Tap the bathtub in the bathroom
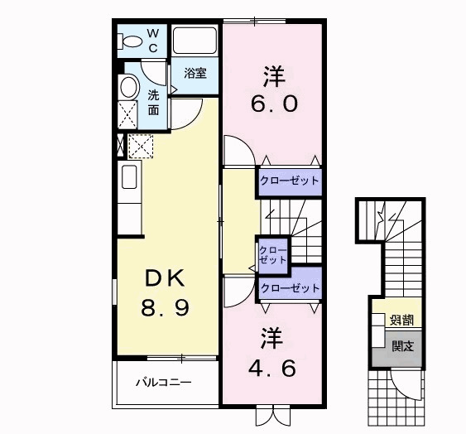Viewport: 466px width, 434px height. coord(195,41)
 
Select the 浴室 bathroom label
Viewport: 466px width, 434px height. coord(195,74)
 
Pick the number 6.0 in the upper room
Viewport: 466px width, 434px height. coord(274,106)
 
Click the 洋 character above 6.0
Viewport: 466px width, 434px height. coord(274,77)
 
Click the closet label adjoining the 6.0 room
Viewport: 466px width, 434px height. coord(289,180)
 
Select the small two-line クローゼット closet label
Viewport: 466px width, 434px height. coord(272,254)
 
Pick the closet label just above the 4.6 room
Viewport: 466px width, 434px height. coord(289,287)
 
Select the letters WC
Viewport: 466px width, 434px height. coord(153,40)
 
